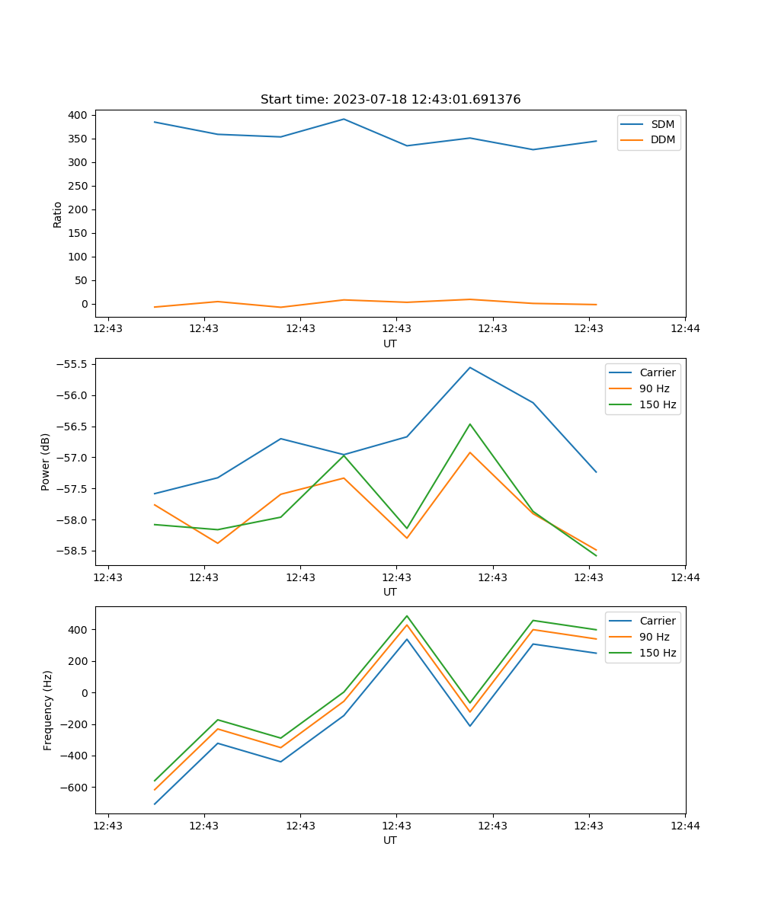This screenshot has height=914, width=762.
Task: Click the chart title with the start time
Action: coord(390,100)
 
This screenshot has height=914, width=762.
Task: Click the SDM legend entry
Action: coord(662,124)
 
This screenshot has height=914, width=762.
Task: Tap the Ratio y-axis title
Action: coord(58,214)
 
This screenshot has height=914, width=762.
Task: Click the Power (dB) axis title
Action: coord(46,462)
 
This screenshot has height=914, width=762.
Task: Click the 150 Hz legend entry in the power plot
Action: coord(658,404)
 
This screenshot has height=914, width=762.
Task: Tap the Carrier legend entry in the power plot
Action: coord(657,372)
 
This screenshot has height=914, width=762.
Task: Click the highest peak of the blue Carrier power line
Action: coord(470,367)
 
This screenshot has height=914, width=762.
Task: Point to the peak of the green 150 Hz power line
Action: coord(470,424)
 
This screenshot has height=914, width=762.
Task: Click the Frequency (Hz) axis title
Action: coord(48,710)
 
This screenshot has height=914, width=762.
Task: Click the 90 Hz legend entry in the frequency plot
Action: coord(654,637)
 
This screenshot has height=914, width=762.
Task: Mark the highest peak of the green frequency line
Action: coord(407,615)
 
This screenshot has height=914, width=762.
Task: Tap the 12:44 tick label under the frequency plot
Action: coord(685,826)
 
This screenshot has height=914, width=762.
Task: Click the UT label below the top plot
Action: coord(390,344)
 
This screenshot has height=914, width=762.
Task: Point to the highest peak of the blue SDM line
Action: coord(344,119)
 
